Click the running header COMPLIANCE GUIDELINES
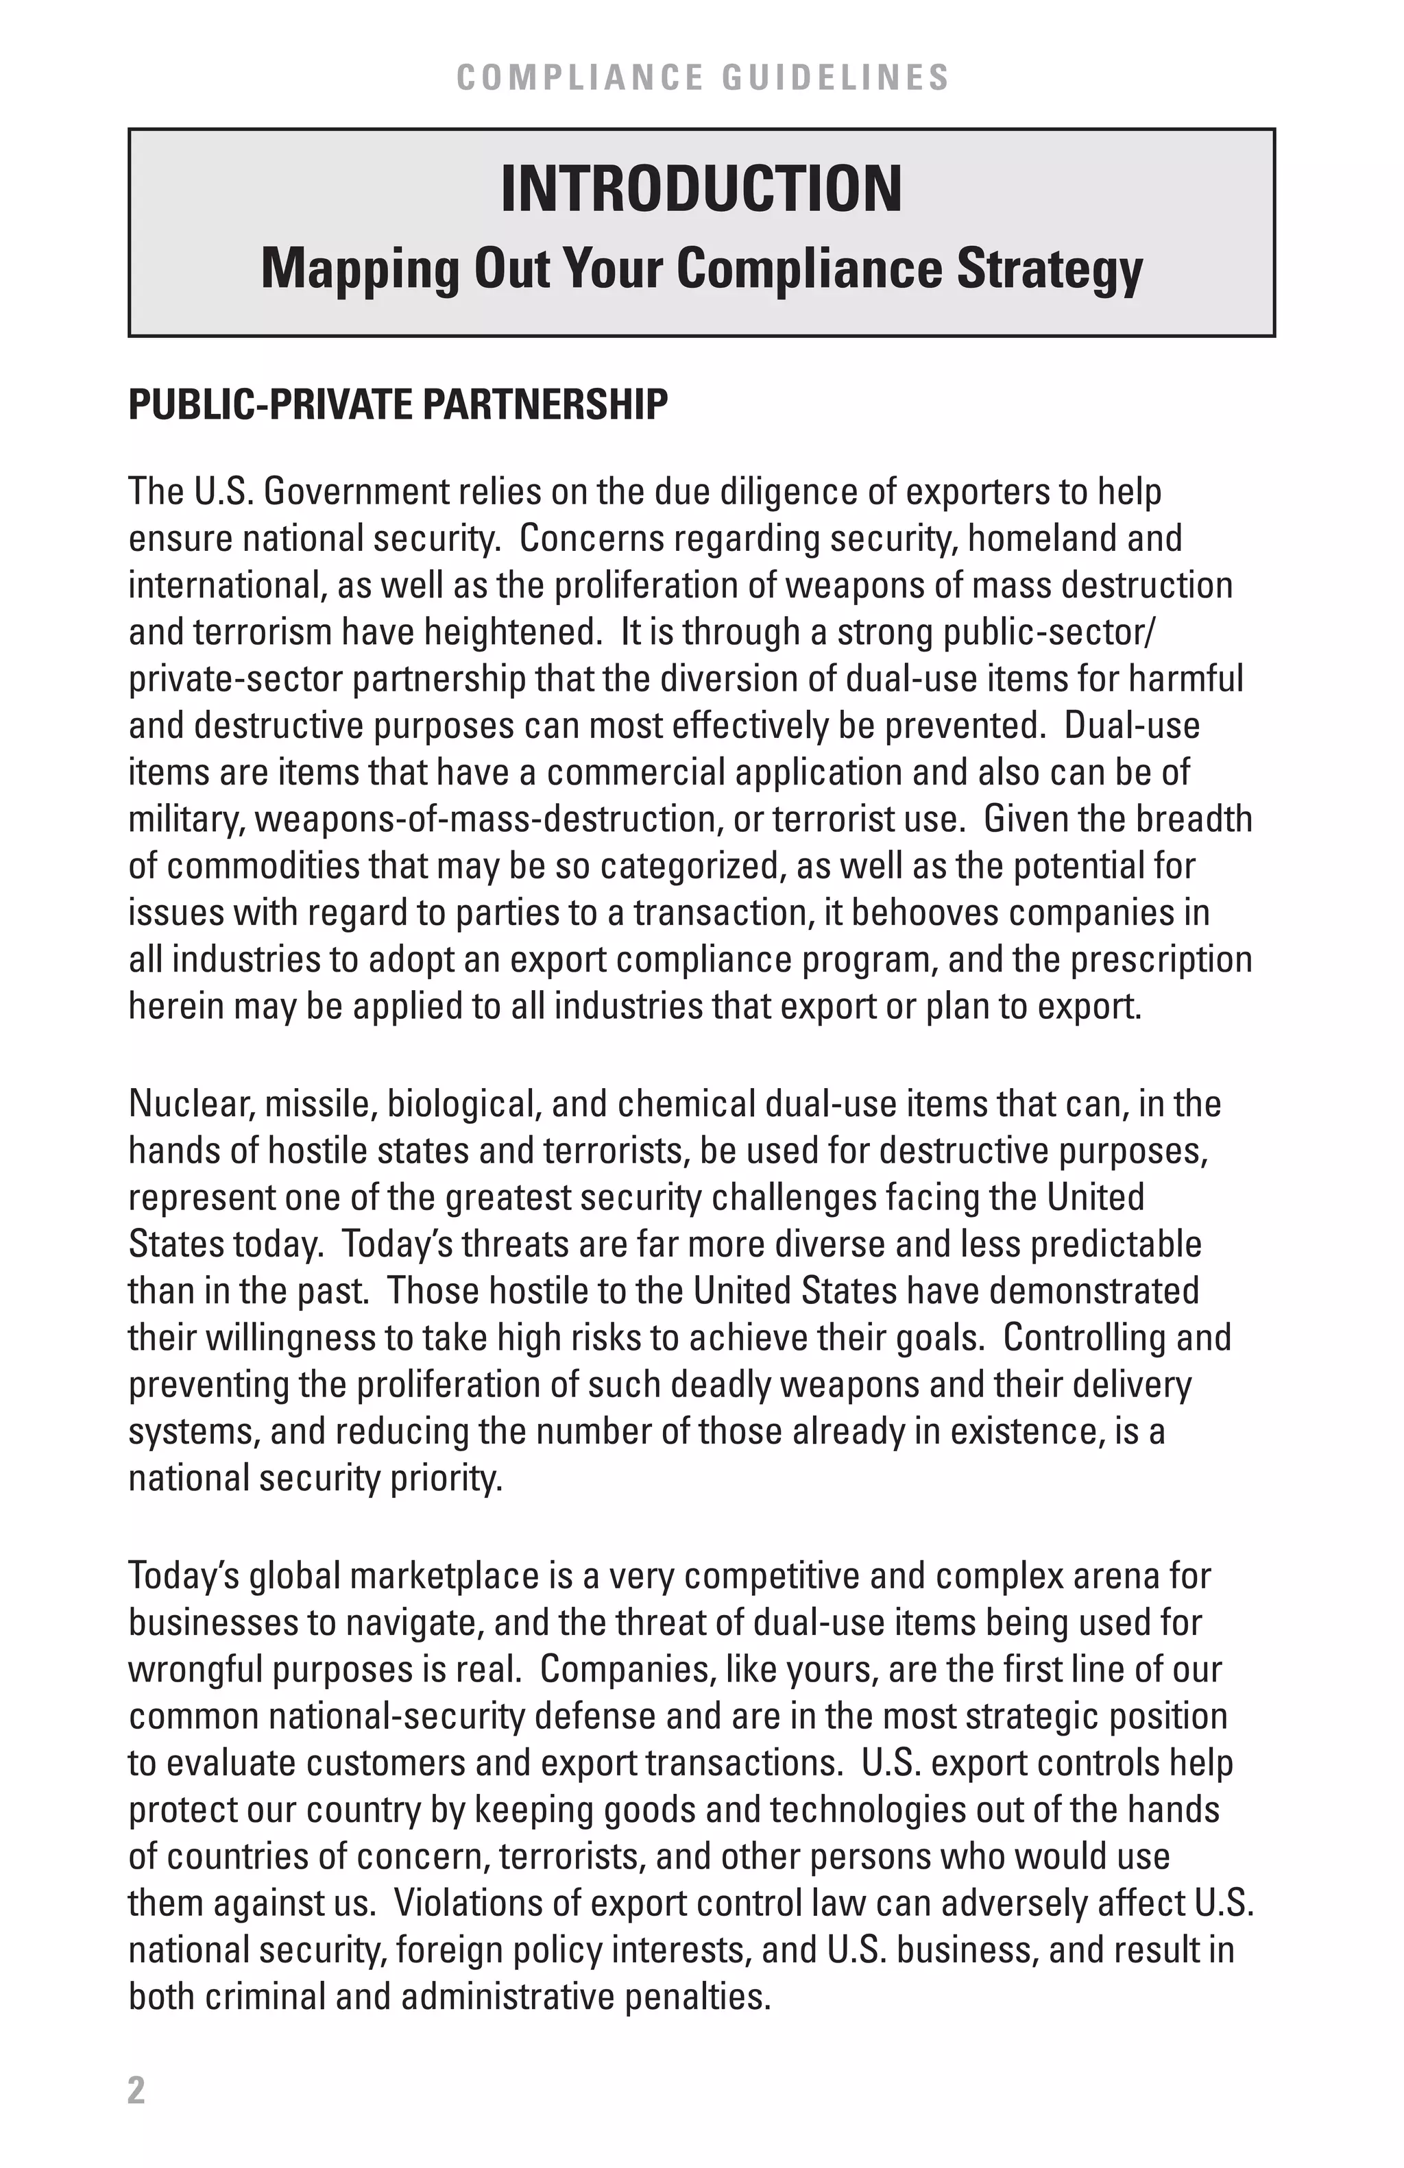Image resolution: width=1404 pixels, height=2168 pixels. tap(701, 77)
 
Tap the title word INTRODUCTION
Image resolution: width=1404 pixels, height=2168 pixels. tap(701, 190)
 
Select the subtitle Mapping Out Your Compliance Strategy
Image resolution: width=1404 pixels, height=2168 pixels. tap(701, 270)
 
